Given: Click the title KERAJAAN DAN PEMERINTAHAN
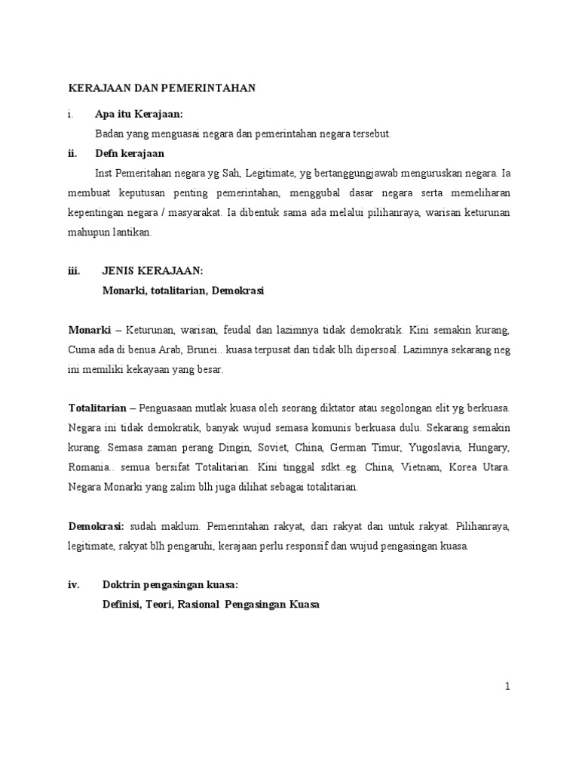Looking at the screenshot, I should click(162, 88).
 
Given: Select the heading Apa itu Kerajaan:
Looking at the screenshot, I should click(139, 114).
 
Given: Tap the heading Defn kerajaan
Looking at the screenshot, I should click(130, 153).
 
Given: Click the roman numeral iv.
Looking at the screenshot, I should click(74, 585).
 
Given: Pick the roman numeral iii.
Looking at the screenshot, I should click(74, 271).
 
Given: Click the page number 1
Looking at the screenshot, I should click(508, 686).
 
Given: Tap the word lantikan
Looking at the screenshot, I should click(133, 232).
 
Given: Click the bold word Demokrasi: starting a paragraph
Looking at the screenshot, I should click(98, 526).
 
